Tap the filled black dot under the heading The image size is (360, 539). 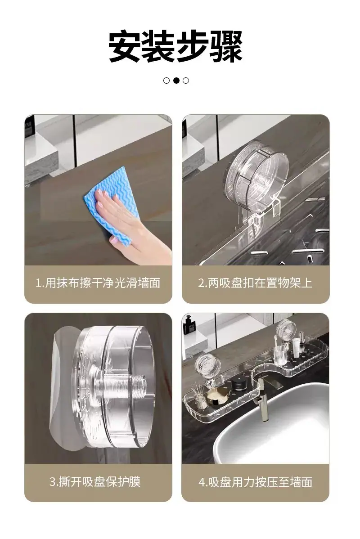[x=176, y=81]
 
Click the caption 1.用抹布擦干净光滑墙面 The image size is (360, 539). [x=98, y=283]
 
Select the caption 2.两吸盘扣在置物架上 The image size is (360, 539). [x=255, y=283]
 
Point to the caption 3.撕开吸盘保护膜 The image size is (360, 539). [x=95, y=481]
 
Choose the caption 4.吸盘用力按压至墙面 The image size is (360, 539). [x=255, y=482]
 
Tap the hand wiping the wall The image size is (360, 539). [x=132, y=227]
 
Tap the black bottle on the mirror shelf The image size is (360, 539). [x=188, y=324]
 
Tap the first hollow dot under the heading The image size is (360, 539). [x=166, y=81]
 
